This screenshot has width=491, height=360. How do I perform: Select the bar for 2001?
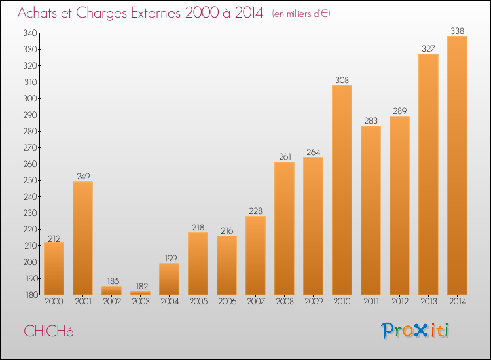82,238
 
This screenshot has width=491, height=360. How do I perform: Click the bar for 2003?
140,293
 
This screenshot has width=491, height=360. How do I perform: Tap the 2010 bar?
342,190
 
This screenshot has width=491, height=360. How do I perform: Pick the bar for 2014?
457,166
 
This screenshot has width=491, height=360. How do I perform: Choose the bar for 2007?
255,255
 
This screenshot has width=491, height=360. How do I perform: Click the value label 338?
457,31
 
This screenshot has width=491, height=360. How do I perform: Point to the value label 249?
83,176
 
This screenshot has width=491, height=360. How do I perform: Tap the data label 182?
142,286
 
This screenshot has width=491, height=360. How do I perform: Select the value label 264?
314,152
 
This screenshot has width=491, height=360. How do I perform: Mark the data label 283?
371,120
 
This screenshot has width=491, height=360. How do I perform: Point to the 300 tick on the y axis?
30,98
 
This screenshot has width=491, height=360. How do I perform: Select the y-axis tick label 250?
30,180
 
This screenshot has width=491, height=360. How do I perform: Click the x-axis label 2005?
198,301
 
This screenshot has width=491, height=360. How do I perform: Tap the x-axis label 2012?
400,301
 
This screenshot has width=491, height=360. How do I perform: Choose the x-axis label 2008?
285,301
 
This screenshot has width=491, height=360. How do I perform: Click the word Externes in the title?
156,12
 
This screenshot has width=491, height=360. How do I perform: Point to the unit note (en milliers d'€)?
301,14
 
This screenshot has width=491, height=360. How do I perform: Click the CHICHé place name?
48,331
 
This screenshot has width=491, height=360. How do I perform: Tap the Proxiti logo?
415,331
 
